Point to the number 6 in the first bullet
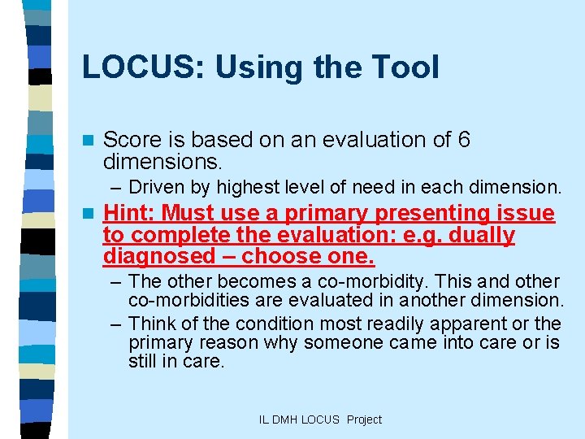click(464, 140)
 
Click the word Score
click(131, 140)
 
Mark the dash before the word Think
click(115, 323)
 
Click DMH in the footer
click(285, 419)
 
